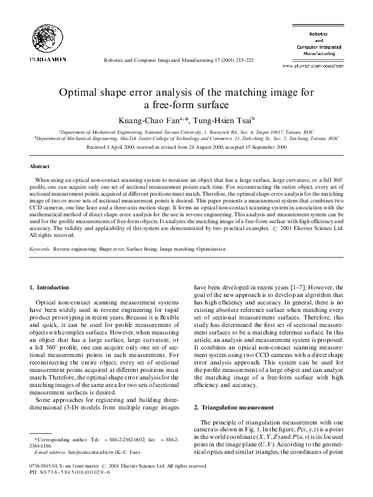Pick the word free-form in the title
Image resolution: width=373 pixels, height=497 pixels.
[x=178, y=105]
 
